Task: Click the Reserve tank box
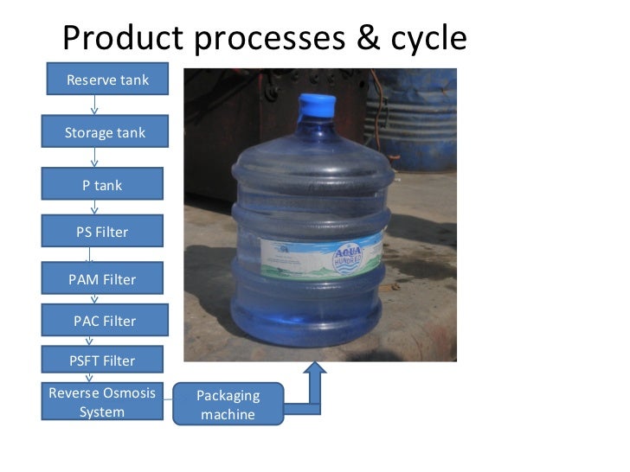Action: (107, 80)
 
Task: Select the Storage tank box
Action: (105, 133)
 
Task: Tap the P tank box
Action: (102, 185)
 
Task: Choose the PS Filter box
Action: (102, 231)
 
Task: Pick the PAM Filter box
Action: (102, 279)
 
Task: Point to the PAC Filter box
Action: (104, 321)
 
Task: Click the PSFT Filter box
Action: (102, 360)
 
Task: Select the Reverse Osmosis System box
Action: (102, 402)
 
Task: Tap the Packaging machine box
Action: (228, 404)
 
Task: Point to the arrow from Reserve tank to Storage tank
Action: (94, 106)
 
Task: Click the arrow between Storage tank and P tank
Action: (94, 157)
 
